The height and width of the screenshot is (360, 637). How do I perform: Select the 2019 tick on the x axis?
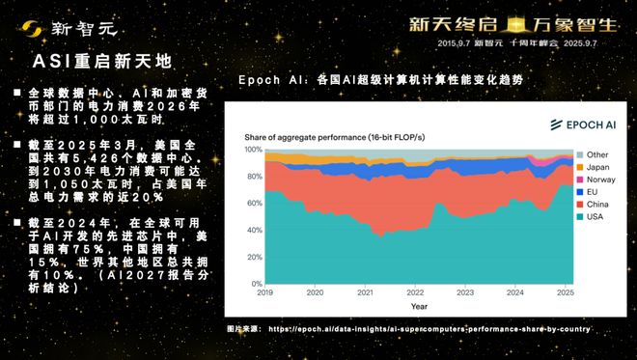tap(265, 292)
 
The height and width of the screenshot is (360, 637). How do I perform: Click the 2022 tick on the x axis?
tap(414, 292)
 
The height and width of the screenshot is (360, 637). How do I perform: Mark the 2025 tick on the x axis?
tap(564, 292)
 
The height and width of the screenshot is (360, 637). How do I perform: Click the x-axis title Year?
tap(418, 306)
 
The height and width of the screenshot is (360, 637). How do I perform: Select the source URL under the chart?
tap(429, 329)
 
